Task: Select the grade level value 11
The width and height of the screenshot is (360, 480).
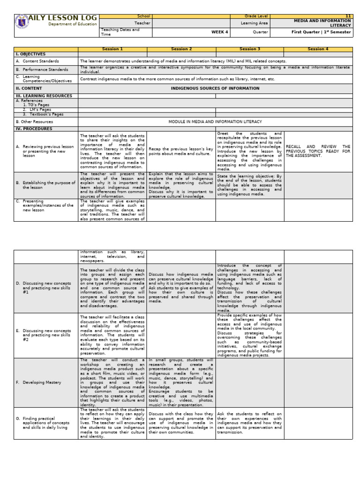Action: point(348,16)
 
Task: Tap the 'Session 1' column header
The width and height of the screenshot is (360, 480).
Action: point(112,49)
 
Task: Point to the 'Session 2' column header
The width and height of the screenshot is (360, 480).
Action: point(181,49)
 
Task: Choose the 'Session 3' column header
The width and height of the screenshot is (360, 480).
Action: point(249,49)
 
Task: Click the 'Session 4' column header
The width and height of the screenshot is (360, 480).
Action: point(318,49)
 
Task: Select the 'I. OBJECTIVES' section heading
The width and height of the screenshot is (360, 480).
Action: point(30,54)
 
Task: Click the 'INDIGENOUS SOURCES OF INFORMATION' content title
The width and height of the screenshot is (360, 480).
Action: point(215,88)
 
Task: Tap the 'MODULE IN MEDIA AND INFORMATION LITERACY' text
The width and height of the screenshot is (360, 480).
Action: point(215,121)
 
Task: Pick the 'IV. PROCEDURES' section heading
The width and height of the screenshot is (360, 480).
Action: point(34,128)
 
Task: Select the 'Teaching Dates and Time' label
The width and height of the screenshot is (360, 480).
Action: point(120,31)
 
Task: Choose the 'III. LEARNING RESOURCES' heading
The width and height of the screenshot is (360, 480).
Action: point(44,96)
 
